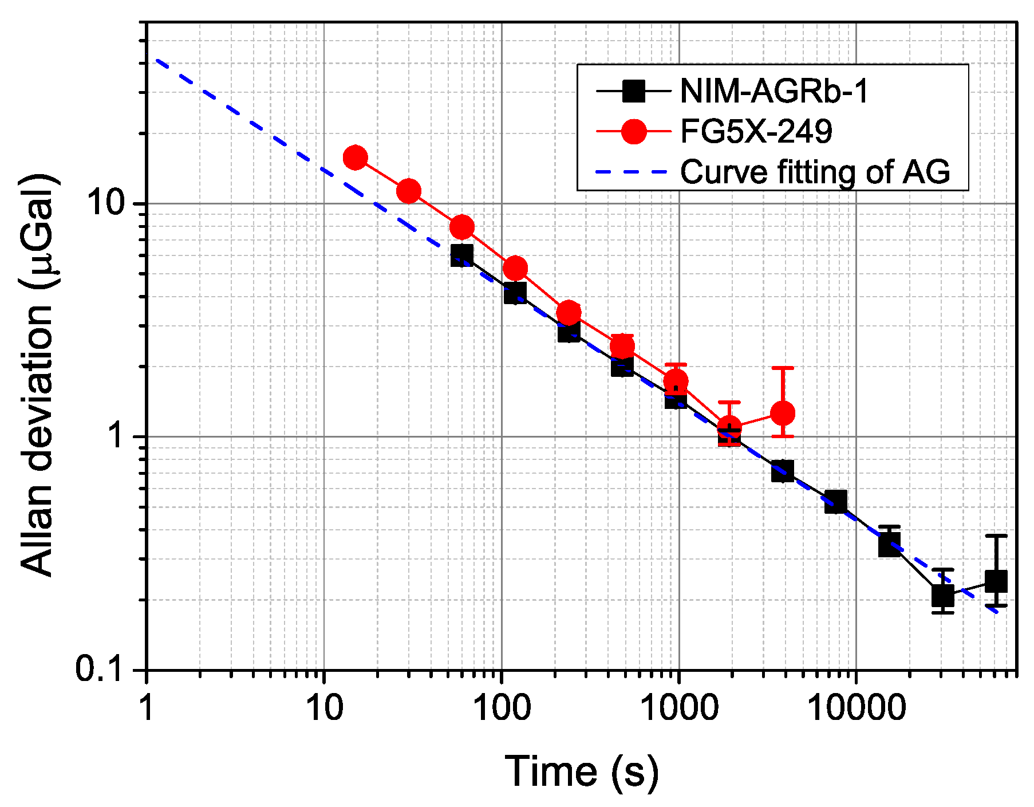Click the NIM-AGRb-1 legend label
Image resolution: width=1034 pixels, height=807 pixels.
tap(773, 90)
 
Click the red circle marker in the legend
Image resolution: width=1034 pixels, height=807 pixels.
tap(634, 131)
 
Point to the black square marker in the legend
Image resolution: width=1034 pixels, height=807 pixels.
tap(634, 90)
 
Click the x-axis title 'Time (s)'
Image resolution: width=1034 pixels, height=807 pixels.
tap(582, 771)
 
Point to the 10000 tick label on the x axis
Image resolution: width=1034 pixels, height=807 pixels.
tap(857, 708)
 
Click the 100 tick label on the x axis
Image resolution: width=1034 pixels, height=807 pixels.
tap(502, 708)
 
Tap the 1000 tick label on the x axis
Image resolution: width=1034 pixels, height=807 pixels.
tap(679, 708)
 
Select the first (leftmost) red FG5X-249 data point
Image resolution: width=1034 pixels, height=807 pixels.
tap(355, 158)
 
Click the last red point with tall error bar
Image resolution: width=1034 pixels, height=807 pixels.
tap(782, 413)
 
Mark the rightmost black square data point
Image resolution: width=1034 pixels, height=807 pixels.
tap(996, 581)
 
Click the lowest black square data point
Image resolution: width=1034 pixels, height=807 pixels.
tap(942, 596)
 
